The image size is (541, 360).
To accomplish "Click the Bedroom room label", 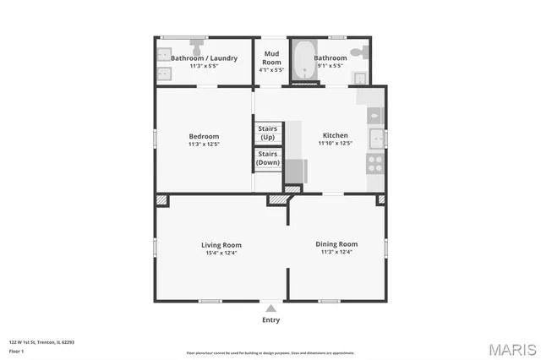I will (204, 136).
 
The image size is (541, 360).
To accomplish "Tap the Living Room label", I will (221, 244).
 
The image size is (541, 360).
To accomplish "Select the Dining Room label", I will (336, 244).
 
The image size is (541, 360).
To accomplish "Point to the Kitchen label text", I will (336, 135).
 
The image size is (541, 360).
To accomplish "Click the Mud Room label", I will (272, 58).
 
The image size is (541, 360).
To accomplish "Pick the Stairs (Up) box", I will (268, 133).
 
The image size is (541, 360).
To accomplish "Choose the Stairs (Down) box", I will (268, 158).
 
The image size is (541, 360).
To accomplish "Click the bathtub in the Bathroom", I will (304, 62).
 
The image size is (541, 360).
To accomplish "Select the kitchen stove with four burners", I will (375, 163).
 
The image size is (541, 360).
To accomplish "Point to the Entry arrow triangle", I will (270, 308).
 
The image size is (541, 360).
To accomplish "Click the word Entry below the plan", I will (270, 320).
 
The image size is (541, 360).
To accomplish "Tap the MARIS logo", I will (511, 348).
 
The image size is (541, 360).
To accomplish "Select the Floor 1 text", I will (16, 350).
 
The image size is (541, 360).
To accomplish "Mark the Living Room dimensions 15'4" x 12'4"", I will (221, 253).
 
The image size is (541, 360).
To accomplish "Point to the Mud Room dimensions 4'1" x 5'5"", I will (272, 71).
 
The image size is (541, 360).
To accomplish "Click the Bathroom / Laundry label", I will (204, 57).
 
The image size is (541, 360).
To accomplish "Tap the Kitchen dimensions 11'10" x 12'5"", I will (336, 144).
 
